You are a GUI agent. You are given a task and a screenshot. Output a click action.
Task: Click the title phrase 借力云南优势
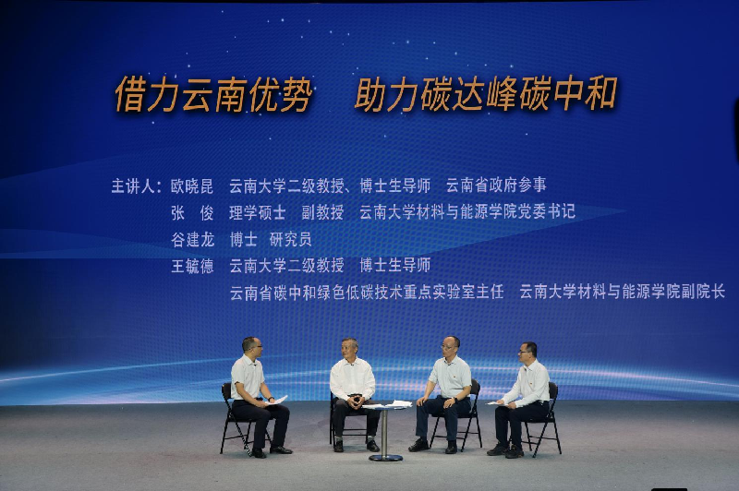[213, 95]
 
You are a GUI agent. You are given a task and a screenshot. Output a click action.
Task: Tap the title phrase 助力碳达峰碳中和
[486, 94]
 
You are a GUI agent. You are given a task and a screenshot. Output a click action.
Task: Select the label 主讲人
[133, 186]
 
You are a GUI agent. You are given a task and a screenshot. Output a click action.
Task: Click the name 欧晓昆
[192, 186]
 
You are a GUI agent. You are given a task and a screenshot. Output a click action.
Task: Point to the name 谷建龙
[192, 240]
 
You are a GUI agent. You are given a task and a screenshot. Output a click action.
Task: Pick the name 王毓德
[192, 266]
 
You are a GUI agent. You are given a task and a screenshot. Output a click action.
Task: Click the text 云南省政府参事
[496, 185]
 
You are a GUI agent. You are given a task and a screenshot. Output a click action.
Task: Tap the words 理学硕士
[258, 213]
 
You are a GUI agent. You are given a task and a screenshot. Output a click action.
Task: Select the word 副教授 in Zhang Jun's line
[322, 212]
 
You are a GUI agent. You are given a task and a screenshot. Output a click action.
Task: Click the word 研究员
[290, 239]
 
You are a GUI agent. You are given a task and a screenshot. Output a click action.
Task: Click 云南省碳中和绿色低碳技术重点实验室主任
[367, 293]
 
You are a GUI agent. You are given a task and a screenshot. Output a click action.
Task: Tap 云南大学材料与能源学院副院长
[622, 292]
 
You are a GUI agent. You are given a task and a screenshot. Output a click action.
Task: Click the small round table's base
[385, 457]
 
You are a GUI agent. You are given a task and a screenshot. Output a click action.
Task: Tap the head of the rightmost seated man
[527, 352]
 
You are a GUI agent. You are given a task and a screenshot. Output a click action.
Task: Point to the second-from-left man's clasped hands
[355, 401]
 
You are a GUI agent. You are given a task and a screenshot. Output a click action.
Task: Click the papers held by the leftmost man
[277, 401]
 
